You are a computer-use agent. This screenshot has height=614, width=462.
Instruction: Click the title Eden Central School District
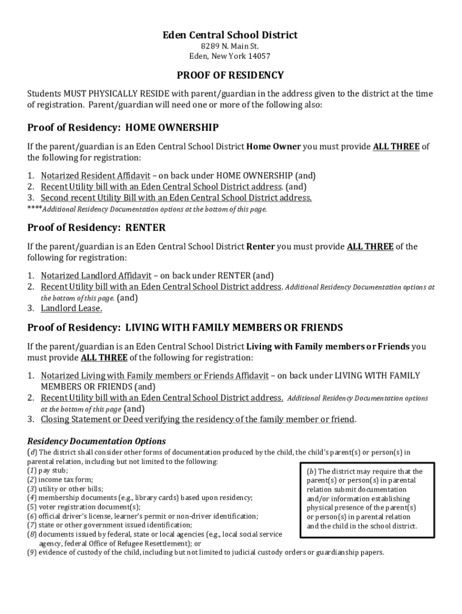click(x=230, y=35)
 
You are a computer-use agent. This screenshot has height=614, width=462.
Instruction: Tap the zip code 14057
click(x=258, y=56)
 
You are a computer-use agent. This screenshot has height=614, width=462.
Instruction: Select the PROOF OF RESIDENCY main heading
click(x=230, y=76)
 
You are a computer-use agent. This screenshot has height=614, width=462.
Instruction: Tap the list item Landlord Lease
click(x=71, y=309)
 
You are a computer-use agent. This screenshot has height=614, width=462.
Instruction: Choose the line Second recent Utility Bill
click(x=176, y=198)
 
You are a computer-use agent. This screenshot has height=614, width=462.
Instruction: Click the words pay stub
click(x=53, y=471)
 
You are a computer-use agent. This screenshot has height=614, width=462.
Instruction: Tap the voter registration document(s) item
click(x=80, y=507)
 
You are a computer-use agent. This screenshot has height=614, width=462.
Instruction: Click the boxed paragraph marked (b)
click(x=364, y=499)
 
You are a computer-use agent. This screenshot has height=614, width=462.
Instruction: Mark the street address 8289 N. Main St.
click(x=230, y=46)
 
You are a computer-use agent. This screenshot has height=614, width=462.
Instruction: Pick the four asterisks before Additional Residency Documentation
click(x=34, y=209)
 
